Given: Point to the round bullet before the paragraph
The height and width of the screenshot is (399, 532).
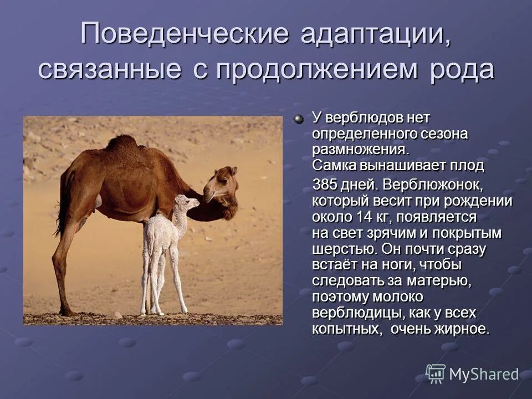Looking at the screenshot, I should (299, 119).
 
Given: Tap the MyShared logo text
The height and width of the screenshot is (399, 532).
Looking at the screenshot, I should (484, 374).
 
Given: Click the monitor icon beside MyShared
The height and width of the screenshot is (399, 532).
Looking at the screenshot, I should (436, 374).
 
